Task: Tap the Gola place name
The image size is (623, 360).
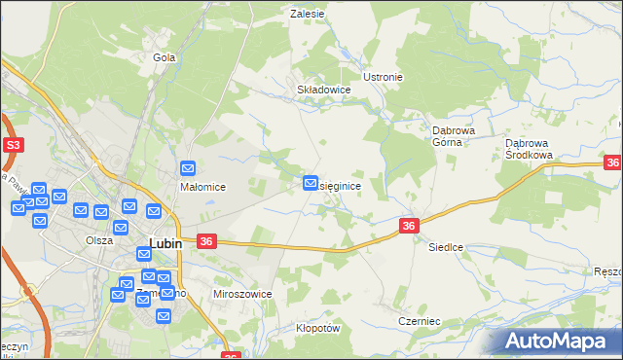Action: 164,57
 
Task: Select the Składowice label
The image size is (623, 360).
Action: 323,89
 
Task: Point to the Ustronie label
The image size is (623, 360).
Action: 383,77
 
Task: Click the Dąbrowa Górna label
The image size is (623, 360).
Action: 453,134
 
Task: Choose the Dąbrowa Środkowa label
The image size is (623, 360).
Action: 530,148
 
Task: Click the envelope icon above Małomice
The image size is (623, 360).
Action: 189,168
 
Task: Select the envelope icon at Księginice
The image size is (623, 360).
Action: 311,182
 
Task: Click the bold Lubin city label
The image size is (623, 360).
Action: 165,243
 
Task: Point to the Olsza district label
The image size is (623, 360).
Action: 98,239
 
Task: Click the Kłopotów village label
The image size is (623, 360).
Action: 317,329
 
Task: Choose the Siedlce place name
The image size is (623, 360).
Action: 446,248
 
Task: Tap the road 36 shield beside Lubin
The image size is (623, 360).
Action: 205,241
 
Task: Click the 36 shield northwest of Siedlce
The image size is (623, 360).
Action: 409,226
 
